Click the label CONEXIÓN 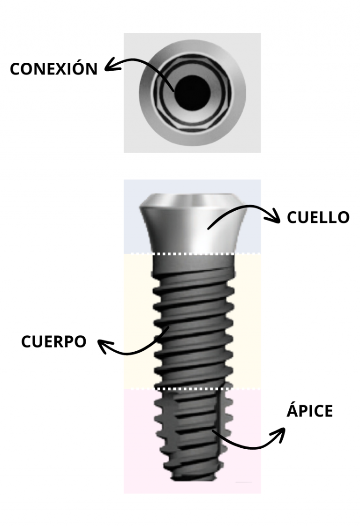pyautogui.click(x=53, y=69)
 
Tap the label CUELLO pyautogui.click(x=318, y=217)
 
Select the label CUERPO pyautogui.click(x=53, y=341)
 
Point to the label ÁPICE pyautogui.click(x=309, y=411)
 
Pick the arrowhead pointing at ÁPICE pyautogui.click(x=280, y=433)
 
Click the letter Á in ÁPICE pyautogui.click(x=292, y=411)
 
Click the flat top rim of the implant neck pyautogui.click(x=192, y=197)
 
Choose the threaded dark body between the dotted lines pyautogui.click(x=192, y=323)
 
